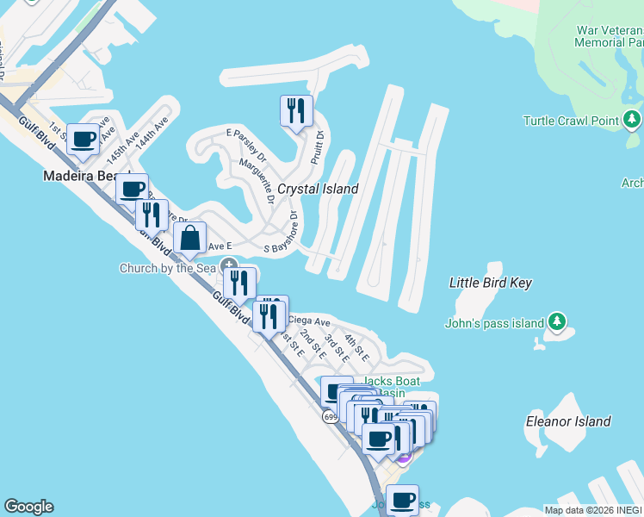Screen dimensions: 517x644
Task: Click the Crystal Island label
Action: (317, 189)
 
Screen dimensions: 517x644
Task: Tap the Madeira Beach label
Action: (80, 176)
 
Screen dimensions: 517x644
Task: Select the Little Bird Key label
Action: (491, 283)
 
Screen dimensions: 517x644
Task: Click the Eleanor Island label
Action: (568, 421)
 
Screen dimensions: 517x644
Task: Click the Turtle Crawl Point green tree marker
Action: (633, 119)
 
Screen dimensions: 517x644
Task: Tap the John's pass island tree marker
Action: (557, 322)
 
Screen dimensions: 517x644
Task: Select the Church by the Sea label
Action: (168, 268)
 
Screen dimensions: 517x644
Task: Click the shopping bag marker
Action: (189, 240)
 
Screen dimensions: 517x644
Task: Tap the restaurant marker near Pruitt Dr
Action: (295, 111)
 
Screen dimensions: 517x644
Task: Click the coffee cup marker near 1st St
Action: (84, 139)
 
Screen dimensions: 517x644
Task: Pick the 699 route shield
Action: (331, 417)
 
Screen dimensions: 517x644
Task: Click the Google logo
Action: (28, 507)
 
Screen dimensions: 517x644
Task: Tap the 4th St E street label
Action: (356, 347)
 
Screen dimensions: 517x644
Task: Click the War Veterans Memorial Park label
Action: (610, 35)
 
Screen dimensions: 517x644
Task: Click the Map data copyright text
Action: (593, 510)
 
